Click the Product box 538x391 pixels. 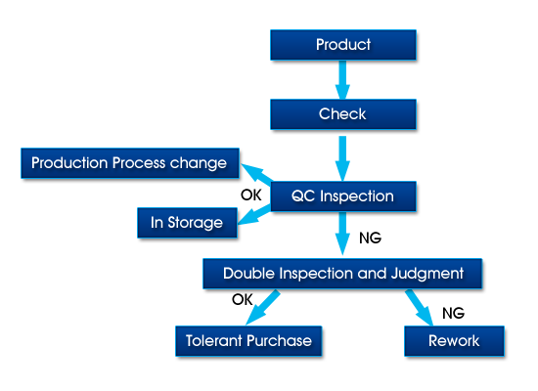pyautogui.click(x=343, y=45)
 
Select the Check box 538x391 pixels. pyautogui.click(x=343, y=114)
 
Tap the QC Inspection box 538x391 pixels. pyautogui.click(x=343, y=196)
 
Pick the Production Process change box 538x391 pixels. pyautogui.click(x=130, y=163)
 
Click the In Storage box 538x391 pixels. pyautogui.click(x=187, y=223)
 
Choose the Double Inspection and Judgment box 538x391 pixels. pyautogui.click(x=342, y=274)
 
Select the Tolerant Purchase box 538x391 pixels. pyautogui.click(x=248, y=341)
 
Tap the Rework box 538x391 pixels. pyautogui.click(x=454, y=341)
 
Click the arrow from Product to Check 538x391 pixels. pyautogui.click(x=342, y=80)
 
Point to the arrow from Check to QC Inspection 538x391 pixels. pyautogui.click(x=342, y=158)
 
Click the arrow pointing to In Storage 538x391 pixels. pyautogui.click(x=254, y=215)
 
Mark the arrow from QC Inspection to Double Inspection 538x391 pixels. pyautogui.click(x=342, y=234)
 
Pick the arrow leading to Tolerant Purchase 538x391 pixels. pyautogui.click(x=263, y=308)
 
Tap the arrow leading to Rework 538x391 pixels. pyautogui.click(x=420, y=308)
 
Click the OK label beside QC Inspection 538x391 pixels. pyautogui.click(x=251, y=195)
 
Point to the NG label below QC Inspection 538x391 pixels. pyautogui.click(x=370, y=239)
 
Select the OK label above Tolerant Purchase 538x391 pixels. pyautogui.click(x=243, y=299)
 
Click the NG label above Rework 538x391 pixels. pyautogui.click(x=453, y=313)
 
